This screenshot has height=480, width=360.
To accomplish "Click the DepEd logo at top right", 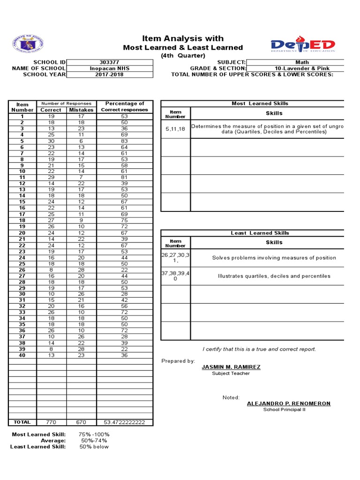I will click(x=302, y=45).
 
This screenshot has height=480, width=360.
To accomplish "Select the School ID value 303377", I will click(x=110, y=62).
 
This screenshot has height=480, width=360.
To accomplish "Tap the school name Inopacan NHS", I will click(x=110, y=68).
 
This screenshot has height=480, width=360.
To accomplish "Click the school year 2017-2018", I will click(x=110, y=75).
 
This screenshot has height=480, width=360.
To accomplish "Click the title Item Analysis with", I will click(x=183, y=38).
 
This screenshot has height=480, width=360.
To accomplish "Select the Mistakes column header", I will click(x=81, y=110).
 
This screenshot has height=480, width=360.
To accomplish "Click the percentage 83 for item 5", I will click(x=124, y=141).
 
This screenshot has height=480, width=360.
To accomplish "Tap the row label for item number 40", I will click(x=22, y=355).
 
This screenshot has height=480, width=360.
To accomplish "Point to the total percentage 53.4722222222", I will click(x=124, y=422).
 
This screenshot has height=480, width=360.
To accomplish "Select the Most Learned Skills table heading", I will click(x=260, y=104).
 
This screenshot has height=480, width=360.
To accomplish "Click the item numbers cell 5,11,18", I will click(x=175, y=129).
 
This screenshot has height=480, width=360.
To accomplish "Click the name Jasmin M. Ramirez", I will click(x=231, y=367).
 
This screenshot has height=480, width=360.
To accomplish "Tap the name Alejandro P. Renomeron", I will click(x=288, y=404).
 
